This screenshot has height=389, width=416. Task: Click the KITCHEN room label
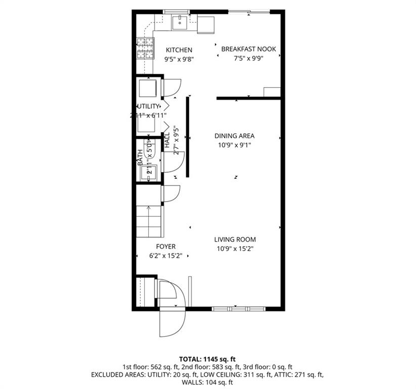[179, 50]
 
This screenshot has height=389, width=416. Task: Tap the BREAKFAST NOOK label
[248, 49]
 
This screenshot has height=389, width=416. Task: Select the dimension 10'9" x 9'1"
[234, 145]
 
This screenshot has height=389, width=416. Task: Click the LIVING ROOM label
[234, 240]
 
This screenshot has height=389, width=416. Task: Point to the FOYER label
[165, 247]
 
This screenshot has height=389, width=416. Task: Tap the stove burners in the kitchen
[145, 50]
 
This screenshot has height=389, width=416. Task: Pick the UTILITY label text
[148, 106]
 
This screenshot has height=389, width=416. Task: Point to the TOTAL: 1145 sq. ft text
[207, 358]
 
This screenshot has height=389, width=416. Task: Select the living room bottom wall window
[238, 308]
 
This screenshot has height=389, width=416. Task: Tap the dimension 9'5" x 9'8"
[179, 59]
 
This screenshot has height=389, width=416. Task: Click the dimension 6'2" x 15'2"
[165, 255]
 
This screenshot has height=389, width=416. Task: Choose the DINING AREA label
[234, 136]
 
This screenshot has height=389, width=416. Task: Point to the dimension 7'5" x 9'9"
[248, 58]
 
